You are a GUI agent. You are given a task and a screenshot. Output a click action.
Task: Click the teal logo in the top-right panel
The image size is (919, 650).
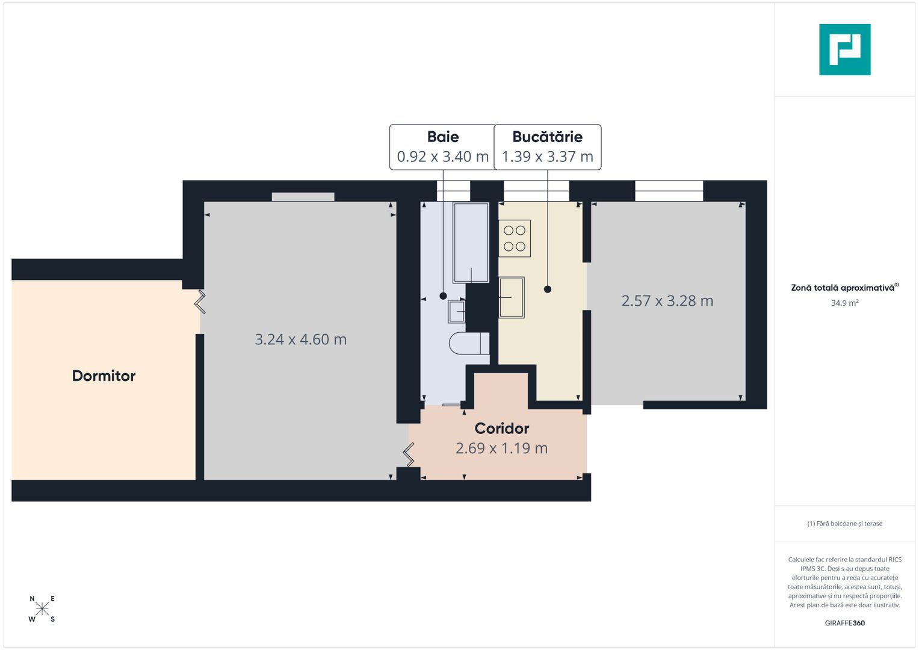point(844,49)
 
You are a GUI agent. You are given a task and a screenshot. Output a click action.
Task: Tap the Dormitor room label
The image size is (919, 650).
point(104,376)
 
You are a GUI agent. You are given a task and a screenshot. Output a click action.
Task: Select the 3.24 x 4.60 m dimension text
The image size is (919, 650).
point(300,339)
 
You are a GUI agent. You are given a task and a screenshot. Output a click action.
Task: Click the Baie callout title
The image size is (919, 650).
point(443,137)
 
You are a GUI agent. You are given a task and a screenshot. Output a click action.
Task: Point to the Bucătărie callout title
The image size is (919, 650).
point(547,137)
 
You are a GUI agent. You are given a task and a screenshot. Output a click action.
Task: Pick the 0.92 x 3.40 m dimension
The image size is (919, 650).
point(442,156)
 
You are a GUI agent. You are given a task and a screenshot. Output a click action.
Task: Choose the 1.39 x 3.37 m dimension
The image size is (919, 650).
point(547,156)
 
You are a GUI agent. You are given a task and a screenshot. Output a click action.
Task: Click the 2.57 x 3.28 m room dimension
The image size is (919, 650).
point(667,301)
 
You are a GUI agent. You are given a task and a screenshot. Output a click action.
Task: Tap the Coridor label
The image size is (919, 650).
point(501,429)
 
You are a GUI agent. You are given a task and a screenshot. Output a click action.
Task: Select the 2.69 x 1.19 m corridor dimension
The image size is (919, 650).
point(501,448)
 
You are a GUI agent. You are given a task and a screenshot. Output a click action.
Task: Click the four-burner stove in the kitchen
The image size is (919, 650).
point(515,238)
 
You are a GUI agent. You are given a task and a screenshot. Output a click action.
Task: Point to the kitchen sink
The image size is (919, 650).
point(512,297)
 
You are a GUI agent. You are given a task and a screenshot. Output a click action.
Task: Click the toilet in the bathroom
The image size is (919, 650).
point(469,343)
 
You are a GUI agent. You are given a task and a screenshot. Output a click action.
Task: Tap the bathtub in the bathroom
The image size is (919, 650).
point(471,242)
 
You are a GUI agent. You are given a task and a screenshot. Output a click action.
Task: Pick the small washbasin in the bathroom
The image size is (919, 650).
point(457,312)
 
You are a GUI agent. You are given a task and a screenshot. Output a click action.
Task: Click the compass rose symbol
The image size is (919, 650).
point(42,608)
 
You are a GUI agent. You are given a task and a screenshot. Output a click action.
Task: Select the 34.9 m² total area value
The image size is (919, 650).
point(844,303)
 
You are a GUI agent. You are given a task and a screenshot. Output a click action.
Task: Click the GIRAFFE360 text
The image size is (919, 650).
point(844,623)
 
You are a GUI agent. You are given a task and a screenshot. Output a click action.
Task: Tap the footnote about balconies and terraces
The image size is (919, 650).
point(844,524)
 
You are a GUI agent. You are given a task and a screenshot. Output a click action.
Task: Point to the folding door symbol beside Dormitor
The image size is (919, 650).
point(200,302)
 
